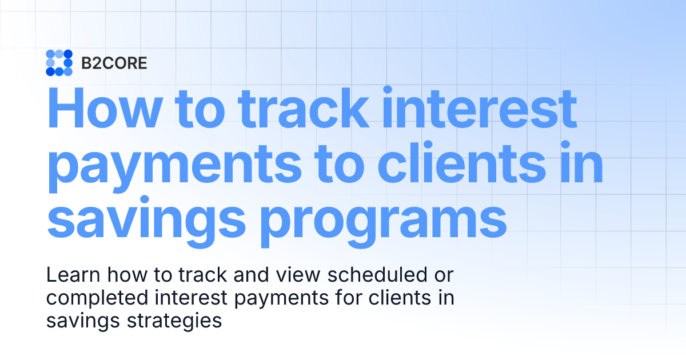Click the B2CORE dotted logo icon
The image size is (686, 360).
tap(59, 63)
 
